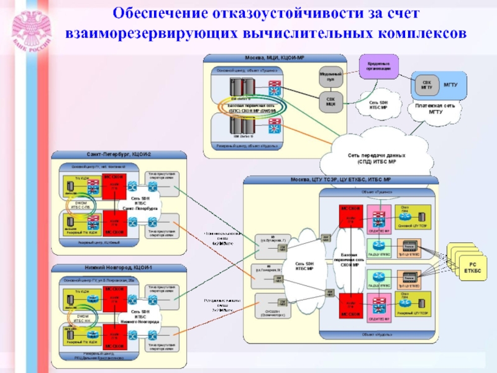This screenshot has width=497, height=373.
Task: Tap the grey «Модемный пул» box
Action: click(x=331, y=77)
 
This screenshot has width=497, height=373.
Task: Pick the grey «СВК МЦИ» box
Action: click(x=331, y=101)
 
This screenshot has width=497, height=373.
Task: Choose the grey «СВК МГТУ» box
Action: click(x=427, y=84)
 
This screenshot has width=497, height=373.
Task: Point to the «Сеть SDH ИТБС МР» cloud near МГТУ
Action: click(x=378, y=105)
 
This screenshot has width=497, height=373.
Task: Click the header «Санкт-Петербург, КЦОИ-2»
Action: click(x=118, y=154)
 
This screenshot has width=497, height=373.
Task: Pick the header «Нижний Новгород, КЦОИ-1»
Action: click(x=118, y=268)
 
